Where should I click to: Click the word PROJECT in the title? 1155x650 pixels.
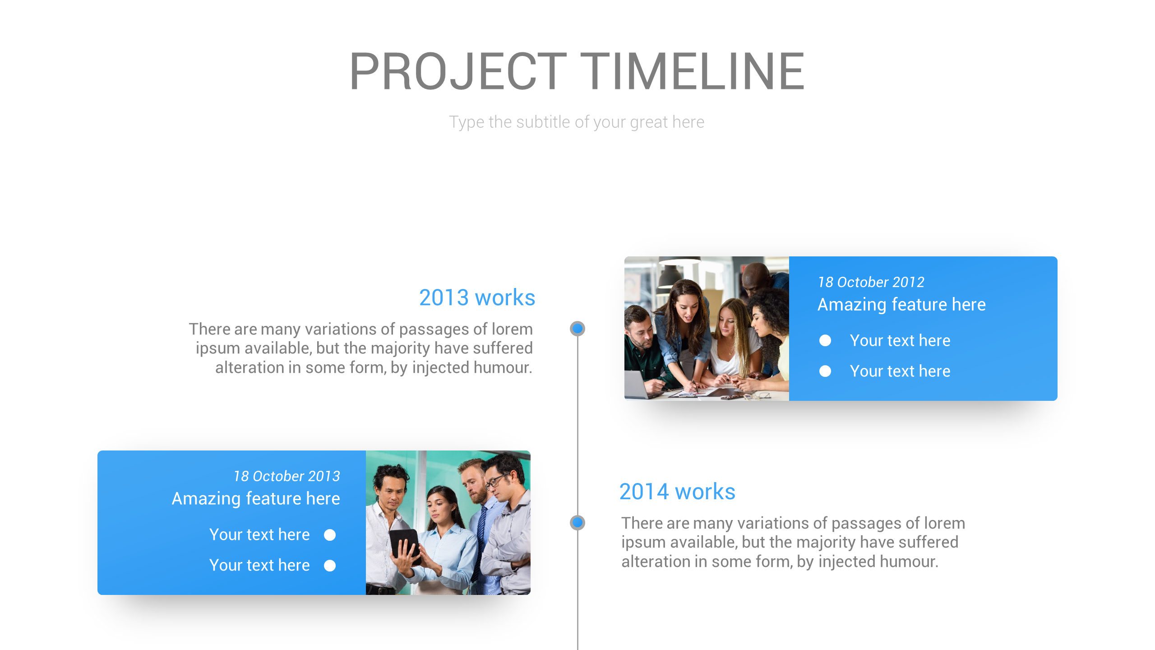tap(457, 71)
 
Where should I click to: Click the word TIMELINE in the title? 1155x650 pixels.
tap(692, 71)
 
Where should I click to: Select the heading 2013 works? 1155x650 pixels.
tap(477, 298)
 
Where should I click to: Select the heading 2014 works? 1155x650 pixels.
tap(677, 492)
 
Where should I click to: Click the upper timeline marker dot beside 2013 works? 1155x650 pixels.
tap(577, 329)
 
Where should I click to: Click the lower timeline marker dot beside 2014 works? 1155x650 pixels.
tap(577, 523)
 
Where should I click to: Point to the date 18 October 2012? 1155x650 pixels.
tap(871, 283)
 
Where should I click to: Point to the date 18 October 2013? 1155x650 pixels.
tap(286, 477)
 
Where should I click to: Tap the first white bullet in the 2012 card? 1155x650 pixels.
tap(825, 340)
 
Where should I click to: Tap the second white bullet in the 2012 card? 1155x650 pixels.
tap(825, 371)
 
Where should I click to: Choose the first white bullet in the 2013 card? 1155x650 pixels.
tap(330, 535)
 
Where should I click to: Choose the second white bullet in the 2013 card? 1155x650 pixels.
tap(330, 566)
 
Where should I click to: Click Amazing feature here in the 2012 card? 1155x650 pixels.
tap(901, 305)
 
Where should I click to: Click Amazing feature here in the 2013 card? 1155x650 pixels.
tap(256, 499)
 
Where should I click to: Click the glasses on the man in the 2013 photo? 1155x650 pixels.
tap(496, 480)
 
